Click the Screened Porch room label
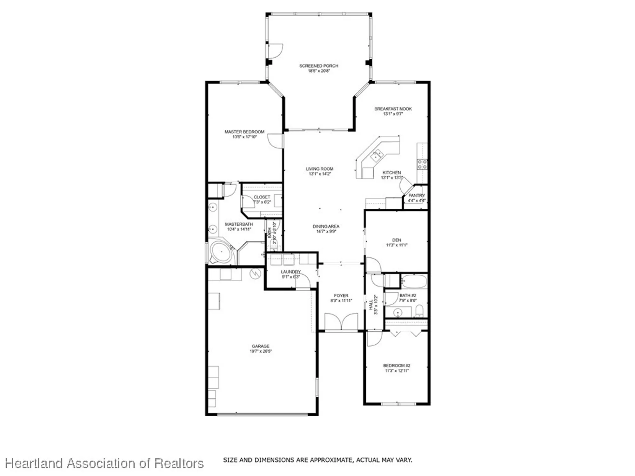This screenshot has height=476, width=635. (318, 66)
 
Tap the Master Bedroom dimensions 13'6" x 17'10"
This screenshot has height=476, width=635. (244, 137)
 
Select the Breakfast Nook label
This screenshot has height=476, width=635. (393, 109)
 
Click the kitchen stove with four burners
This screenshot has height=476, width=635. (422, 164)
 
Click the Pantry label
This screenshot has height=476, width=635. (417, 195)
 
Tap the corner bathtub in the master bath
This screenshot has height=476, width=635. (221, 253)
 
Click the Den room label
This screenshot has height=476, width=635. (397, 240)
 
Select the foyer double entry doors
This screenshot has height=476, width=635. (341, 321)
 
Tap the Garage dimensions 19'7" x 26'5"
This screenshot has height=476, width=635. (260, 351)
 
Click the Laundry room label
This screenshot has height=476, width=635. (291, 272)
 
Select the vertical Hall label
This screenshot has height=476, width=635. (371, 305)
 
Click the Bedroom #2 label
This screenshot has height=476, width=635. (397, 366)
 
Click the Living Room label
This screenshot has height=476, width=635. (319, 169)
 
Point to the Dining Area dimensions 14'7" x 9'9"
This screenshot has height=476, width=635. (326, 232)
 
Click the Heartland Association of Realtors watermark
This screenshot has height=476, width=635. (104, 464)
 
